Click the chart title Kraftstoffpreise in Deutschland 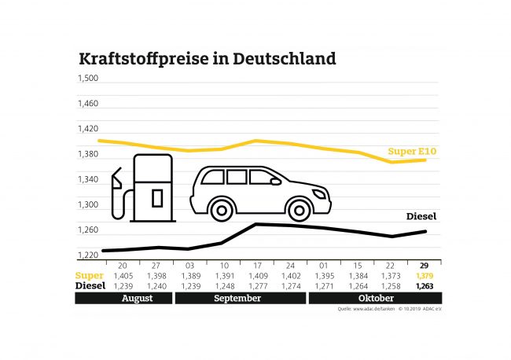tap(207, 59)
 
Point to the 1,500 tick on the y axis tap(87, 79)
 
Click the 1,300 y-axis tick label tap(87, 205)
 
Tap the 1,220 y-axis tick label tap(87, 255)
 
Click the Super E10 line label tap(412, 151)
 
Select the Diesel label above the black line tap(421, 216)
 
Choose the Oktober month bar tap(375, 299)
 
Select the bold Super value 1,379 tap(423, 277)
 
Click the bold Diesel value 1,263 tap(423, 287)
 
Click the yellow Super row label tap(89, 277)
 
